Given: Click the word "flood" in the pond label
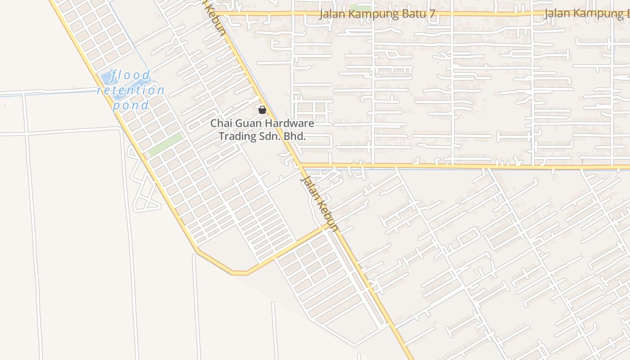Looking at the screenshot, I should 131,75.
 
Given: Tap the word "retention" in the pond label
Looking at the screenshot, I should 131,90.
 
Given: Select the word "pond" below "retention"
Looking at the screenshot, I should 130,106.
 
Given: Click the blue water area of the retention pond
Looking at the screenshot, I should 106,77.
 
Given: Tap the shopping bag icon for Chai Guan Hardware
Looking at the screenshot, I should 262,110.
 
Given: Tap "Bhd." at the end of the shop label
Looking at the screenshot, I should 295,136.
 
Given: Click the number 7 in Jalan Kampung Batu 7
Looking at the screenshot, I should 432,14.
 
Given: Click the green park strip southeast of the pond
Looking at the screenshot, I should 166,144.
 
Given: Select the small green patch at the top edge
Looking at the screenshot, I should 360,8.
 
